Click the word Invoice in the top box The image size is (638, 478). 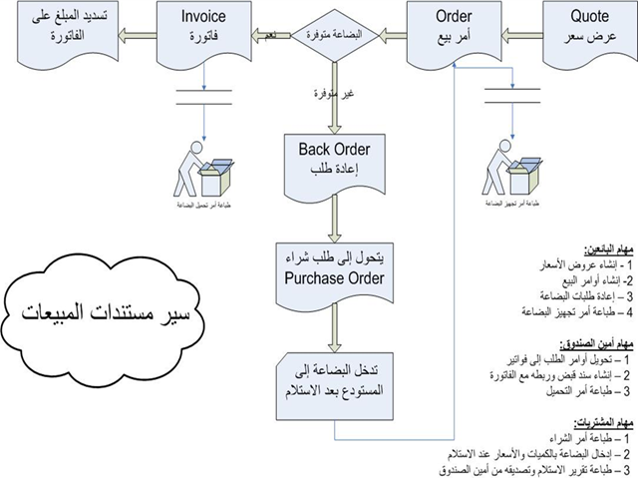point(201,17)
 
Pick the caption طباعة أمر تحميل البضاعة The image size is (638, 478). point(200,202)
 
